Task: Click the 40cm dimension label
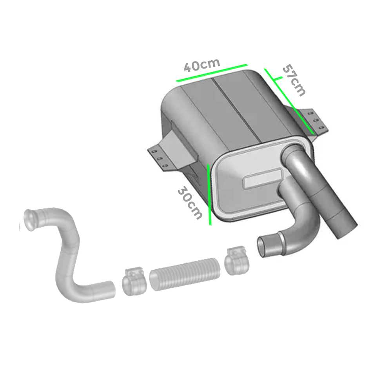tap(202, 65)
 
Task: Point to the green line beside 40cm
tap(212, 73)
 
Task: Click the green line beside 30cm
tap(209, 195)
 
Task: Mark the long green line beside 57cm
tap(289, 101)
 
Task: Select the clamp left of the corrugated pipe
tap(133, 282)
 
